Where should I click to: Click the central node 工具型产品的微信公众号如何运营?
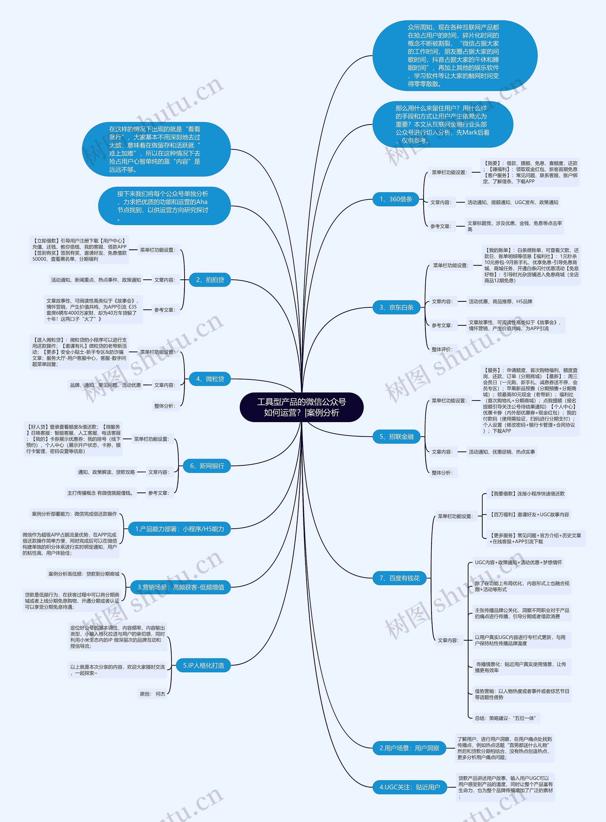(302, 407)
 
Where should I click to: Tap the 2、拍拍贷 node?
(210, 280)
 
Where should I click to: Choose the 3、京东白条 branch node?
(397, 307)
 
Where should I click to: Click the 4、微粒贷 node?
(210, 379)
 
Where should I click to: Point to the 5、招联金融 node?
(397, 437)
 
